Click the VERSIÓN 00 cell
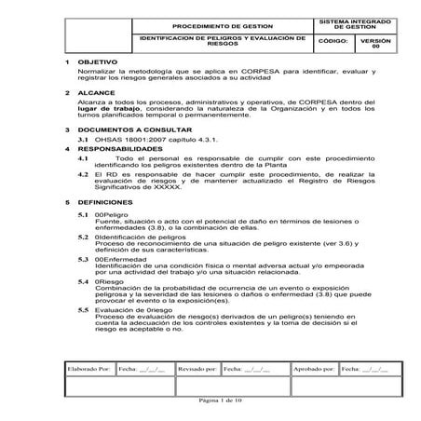coord(369,43)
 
